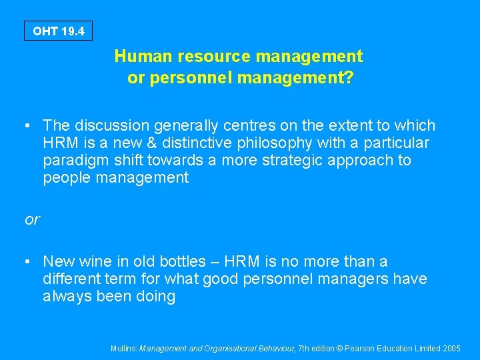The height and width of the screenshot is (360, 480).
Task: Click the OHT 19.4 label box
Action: point(58,31)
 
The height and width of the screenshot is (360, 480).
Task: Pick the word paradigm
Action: point(70,161)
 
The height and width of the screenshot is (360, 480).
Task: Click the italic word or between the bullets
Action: point(32,219)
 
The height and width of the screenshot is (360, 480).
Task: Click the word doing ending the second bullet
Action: point(155,296)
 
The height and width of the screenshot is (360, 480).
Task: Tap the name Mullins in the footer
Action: point(124,348)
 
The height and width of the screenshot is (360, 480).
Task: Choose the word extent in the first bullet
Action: point(345,125)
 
